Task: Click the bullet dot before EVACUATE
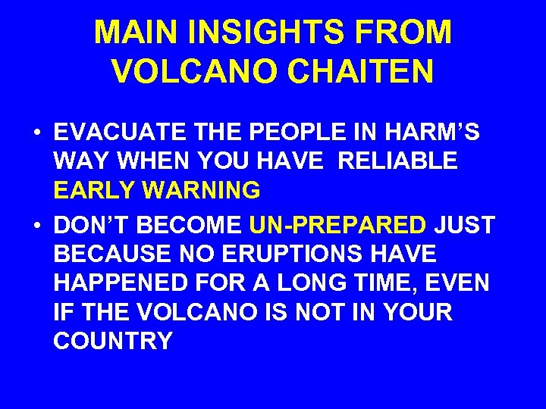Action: click(37, 133)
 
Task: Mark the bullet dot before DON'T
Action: click(37, 226)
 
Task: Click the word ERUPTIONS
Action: click(294, 254)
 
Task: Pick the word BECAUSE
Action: click(115, 254)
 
